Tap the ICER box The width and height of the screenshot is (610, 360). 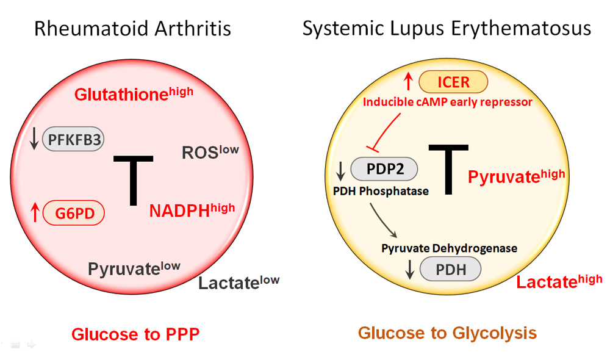tap(453, 82)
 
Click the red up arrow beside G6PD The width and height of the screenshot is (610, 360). tap(35, 213)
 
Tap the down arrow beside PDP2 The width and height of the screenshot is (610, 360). tap(341, 168)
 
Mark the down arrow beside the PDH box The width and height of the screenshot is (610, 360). tap(410, 269)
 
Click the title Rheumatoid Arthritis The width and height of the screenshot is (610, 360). tap(132, 29)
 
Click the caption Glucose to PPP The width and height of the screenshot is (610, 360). tap(135, 334)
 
